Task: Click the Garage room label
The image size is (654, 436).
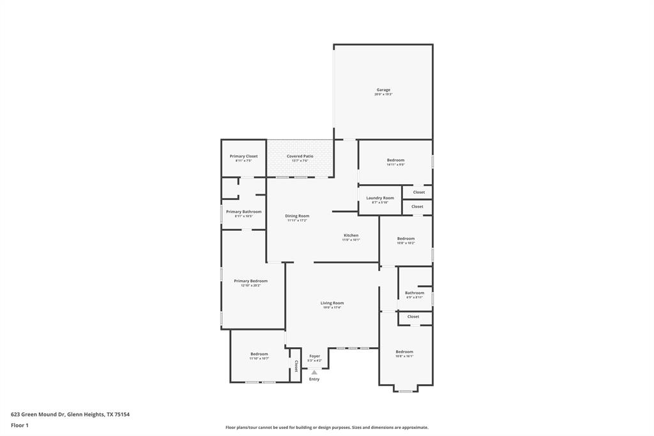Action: (x=383, y=90)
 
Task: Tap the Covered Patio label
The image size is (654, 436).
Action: (x=300, y=157)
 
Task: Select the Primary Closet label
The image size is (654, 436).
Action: (x=243, y=157)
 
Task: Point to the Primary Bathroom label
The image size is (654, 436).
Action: (x=243, y=212)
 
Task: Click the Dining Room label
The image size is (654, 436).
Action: (x=297, y=216)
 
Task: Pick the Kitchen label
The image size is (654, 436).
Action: (x=351, y=236)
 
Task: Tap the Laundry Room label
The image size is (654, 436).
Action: (x=380, y=198)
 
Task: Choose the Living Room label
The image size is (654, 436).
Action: (x=332, y=304)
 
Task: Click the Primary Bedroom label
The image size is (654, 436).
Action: (x=250, y=281)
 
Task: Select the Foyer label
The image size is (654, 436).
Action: (x=315, y=356)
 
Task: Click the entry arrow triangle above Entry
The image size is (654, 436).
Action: (x=314, y=372)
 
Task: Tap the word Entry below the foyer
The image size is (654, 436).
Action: (x=314, y=380)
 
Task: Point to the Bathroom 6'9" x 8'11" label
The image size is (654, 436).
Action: (x=414, y=293)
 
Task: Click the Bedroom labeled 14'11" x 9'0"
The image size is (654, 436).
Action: (x=395, y=160)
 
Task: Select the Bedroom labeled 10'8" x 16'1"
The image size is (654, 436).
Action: (x=404, y=352)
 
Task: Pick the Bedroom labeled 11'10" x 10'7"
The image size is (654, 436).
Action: (x=259, y=354)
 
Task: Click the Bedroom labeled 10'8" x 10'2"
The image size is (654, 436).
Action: (x=406, y=239)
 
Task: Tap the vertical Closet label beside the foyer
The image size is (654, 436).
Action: (x=296, y=366)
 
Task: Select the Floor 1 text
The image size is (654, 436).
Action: (x=20, y=425)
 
